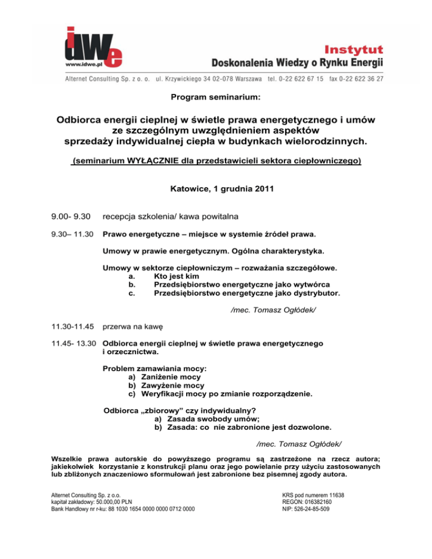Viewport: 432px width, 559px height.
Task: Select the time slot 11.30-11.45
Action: (71, 326)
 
